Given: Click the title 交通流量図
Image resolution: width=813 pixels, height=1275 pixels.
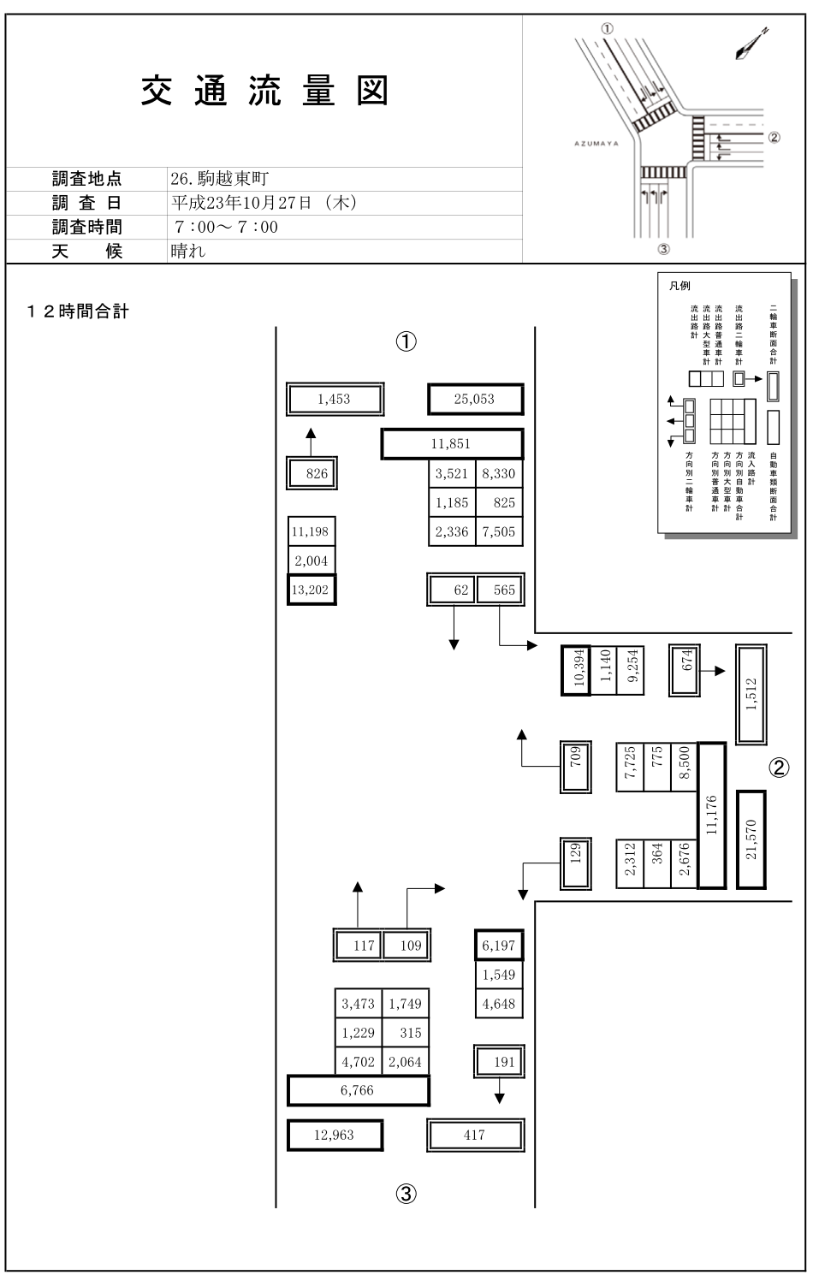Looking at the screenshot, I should click(x=265, y=91).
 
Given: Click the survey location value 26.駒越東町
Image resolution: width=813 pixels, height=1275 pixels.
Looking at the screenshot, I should click(x=220, y=179).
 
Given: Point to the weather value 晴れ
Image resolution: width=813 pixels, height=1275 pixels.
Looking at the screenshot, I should click(x=188, y=251).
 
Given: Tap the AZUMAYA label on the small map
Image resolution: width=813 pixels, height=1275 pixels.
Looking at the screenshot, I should click(x=596, y=144).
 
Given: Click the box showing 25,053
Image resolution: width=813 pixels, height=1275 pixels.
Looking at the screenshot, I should click(x=474, y=400).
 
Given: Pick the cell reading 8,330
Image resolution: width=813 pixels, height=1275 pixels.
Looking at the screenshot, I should click(x=498, y=473).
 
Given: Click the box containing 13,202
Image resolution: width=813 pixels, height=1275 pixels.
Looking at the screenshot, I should click(x=312, y=590).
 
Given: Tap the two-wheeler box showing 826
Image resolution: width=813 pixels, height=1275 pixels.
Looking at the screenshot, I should click(x=312, y=473).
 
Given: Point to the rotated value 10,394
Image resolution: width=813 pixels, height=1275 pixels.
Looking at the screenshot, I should click(x=575, y=670).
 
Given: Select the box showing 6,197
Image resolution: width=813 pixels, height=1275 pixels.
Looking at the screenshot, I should click(x=498, y=946).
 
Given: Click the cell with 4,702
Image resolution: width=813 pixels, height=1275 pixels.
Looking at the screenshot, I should click(x=358, y=1062).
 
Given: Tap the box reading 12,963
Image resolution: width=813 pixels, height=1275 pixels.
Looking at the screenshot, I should click(x=334, y=1136).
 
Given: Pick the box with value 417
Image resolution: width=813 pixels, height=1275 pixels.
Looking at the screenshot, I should click(x=474, y=1136).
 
